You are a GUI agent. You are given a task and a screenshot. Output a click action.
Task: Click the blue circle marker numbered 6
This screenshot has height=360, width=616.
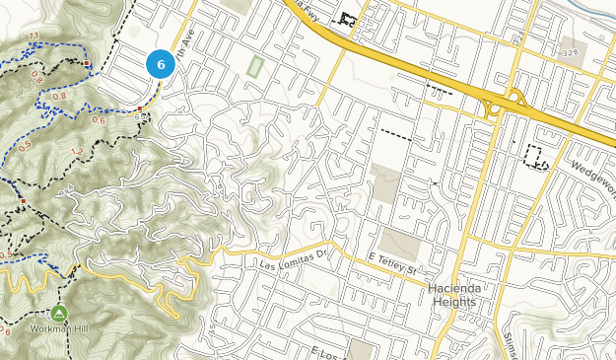coord(161,64)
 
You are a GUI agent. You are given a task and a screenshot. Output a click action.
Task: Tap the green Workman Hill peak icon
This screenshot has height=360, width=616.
coord(59,313)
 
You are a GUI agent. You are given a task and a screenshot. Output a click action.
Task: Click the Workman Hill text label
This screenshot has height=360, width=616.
coord(59,327)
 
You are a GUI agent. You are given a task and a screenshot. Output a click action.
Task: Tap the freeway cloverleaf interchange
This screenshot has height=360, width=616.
coord(503,102)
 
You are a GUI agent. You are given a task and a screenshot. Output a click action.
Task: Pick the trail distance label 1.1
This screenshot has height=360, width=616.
coord(34,36)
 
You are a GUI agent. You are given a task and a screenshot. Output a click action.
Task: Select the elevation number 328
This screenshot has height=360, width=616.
coord(570,52)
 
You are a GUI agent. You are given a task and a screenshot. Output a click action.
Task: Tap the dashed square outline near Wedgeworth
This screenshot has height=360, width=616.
coord(536,156)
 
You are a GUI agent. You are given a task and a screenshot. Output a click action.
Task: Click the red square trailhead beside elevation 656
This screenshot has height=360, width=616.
coord(141,108)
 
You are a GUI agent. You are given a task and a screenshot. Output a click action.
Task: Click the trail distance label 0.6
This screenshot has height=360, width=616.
coord(99,120)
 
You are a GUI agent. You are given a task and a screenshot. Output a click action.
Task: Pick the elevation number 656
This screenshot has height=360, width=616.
coord(142,117)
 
